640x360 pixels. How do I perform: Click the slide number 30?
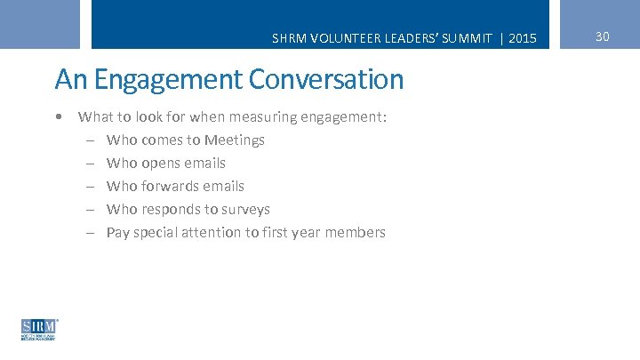click(x=602, y=36)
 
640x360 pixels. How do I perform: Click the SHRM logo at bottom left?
click(x=39, y=329)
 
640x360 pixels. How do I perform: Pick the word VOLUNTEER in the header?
click(x=339, y=38)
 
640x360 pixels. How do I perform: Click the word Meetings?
click(x=235, y=140)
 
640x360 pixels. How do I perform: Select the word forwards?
click(x=168, y=187)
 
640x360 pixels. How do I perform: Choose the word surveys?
click(x=245, y=210)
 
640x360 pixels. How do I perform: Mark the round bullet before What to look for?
click(x=58, y=117)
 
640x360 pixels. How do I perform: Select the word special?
click(x=154, y=233)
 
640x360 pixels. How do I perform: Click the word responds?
click(x=172, y=210)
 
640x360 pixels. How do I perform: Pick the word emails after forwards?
click(x=223, y=187)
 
